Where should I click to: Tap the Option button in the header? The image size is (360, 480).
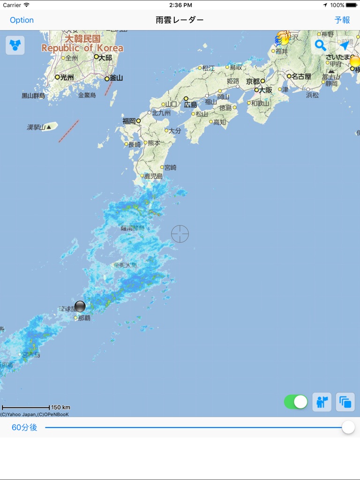point(22,20)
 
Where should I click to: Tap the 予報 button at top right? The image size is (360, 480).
point(342,20)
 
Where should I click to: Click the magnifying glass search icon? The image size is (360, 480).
point(320,45)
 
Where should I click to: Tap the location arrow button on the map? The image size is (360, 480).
point(345,45)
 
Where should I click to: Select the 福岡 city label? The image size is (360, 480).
point(129,121)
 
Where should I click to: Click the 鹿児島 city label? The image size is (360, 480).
point(153,176)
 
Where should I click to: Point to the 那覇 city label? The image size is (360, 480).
point(84,318)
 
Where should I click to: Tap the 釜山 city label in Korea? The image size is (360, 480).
point(116,78)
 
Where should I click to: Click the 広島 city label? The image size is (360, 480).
point(190,105)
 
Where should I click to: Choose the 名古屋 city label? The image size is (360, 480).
point(301,76)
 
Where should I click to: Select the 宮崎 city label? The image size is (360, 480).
point(170,167)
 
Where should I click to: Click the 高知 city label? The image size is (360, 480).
point(219,122)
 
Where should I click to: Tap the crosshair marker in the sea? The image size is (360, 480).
point(180,233)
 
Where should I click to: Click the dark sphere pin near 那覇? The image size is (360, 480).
point(80,307)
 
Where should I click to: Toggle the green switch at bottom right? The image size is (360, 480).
point(296,402)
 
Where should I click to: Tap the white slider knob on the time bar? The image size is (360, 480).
point(348,427)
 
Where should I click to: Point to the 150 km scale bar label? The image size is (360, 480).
point(60,407)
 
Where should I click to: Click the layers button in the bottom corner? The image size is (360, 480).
point(345,402)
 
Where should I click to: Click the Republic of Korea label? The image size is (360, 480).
point(82,48)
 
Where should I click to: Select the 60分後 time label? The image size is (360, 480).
point(24,427)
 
